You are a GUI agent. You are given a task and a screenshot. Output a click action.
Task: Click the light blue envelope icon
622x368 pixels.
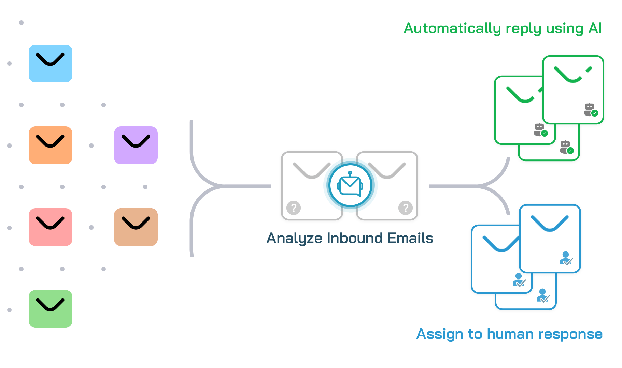click(51, 63)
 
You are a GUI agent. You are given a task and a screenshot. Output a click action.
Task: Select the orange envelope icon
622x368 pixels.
click(51, 145)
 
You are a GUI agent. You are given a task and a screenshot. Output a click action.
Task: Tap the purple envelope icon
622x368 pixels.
click(136, 145)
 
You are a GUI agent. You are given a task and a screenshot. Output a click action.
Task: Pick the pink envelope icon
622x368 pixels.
click(51, 227)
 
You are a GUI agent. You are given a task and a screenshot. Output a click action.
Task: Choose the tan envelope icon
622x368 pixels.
click(136, 227)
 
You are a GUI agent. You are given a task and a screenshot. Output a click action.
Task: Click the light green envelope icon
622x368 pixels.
click(51, 309)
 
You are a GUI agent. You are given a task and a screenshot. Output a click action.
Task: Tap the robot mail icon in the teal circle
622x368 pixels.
click(350, 185)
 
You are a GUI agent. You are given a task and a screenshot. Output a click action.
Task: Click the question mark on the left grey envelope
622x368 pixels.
click(294, 208)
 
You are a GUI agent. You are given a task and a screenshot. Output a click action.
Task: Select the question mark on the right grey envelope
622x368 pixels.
click(406, 208)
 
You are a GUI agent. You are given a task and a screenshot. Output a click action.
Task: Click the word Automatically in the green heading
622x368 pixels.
click(452, 29)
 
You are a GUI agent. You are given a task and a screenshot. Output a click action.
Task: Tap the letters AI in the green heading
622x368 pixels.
click(595, 28)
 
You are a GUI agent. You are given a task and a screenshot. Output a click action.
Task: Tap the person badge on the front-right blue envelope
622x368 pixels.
click(566, 258)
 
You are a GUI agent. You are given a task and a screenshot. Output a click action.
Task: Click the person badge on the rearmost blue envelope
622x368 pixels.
click(542, 295)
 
